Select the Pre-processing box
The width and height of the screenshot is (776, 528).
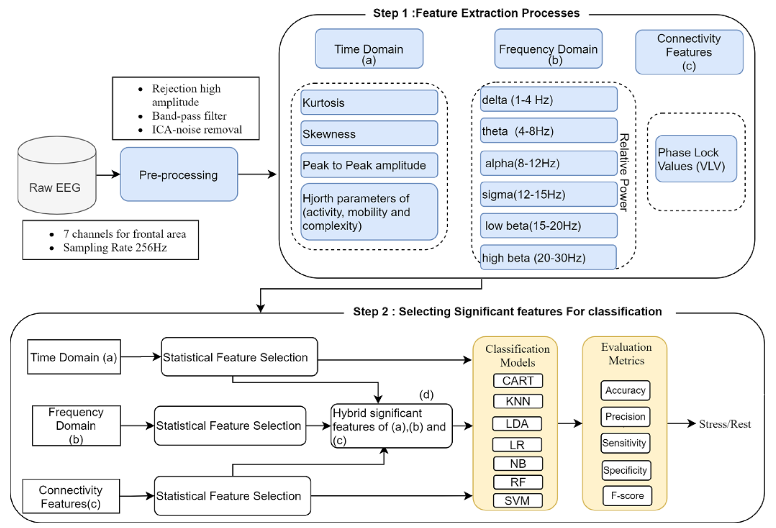point(179,174)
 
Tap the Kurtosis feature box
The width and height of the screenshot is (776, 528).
point(369,103)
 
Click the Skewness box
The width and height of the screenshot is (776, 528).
point(369,134)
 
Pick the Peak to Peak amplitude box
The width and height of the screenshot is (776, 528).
point(369,165)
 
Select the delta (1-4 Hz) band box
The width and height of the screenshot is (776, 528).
point(548,100)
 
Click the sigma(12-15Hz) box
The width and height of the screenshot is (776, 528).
point(548,194)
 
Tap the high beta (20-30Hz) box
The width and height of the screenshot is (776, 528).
point(548,258)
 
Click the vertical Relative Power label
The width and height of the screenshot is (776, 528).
point(624,172)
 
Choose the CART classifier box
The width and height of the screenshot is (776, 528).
point(518,381)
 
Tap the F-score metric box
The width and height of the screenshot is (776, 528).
point(627,496)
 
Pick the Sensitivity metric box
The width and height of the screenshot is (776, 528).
point(625,443)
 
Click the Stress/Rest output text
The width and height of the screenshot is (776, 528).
point(725,424)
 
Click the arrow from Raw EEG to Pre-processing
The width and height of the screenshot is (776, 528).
point(108,174)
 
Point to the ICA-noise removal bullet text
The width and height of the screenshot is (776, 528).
point(197,130)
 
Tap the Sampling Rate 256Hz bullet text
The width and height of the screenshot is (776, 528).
point(115,248)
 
